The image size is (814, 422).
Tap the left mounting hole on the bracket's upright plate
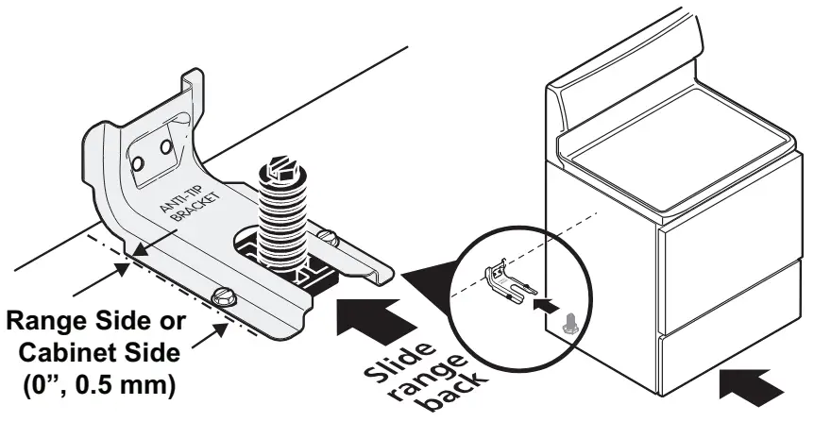coord(136,163)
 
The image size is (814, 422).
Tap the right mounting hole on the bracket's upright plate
coord(165,149)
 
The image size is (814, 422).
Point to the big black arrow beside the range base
coord(752,383)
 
